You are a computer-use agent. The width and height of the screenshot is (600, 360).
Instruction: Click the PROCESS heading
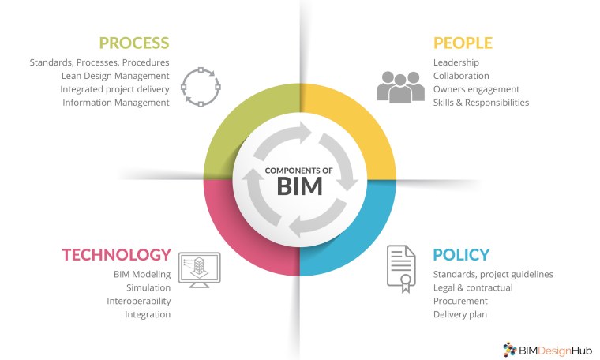pos(134,43)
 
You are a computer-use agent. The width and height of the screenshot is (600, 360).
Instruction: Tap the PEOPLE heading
pos(463,43)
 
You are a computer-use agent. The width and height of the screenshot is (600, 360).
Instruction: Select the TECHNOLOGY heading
pos(117,254)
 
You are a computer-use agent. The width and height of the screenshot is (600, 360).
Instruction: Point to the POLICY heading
pos(461,254)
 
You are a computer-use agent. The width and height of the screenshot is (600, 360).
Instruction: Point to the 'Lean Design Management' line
pos(115,76)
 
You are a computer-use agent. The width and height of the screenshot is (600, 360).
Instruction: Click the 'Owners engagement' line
pos(476,89)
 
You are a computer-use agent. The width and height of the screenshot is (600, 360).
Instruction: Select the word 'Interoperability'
pos(139,301)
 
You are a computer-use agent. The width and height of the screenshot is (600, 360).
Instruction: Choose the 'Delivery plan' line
pos(460,314)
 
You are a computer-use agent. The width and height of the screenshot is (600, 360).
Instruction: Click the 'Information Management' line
pos(116,103)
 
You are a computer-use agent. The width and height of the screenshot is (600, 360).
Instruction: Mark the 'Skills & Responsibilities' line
pos(481,103)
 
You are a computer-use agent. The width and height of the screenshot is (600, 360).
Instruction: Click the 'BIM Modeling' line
pos(142,274)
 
